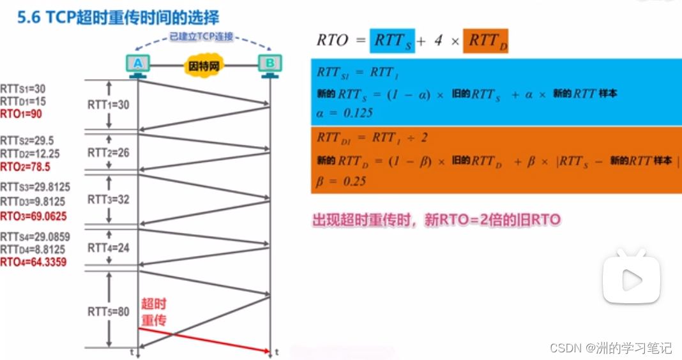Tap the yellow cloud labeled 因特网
click(x=204, y=65)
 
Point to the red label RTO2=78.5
click(x=26, y=167)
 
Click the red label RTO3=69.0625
click(x=33, y=216)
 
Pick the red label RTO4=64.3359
click(x=33, y=262)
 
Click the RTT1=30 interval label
click(x=108, y=105)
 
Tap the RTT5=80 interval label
click(x=108, y=311)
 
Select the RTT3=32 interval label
click(x=108, y=200)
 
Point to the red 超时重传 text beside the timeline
click(x=153, y=311)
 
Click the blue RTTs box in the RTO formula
click(x=391, y=41)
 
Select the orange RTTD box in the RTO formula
click(x=485, y=41)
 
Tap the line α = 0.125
click(x=345, y=113)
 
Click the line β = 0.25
click(x=342, y=181)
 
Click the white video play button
click(x=631, y=279)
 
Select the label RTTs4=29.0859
click(x=35, y=237)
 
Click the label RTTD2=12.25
click(x=30, y=154)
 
